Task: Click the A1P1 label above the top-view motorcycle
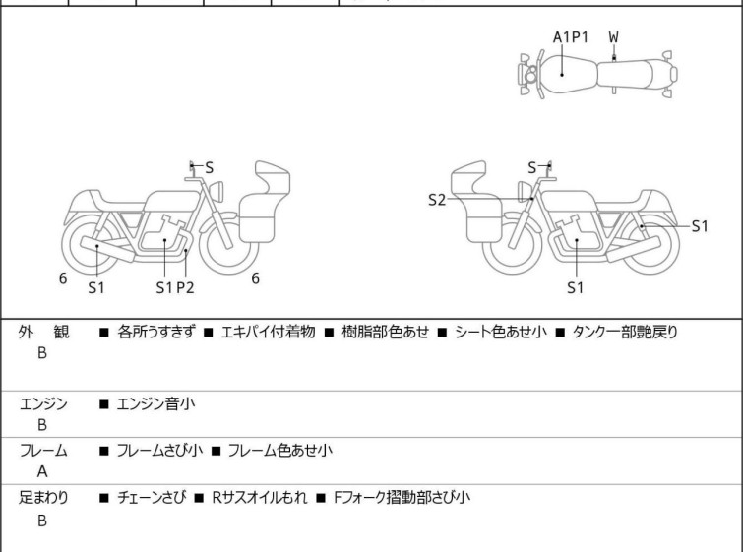pyautogui.click(x=571, y=37)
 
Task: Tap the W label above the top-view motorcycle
pyautogui.click(x=614, y=37)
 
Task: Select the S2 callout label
pyautogui.click(x=437, y=200)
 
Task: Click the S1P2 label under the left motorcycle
pyautogui.click(x=175, y=287)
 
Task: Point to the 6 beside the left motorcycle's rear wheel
pyautogui.click(x=63, y=278)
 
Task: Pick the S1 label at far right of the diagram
pyautogui.click(x=700, y=226)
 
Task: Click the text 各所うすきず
pyautogui.click(x=156, y=333)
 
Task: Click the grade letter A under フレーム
pyautogui.click(x=42, y=471)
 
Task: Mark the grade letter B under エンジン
pyautogui.click(x=42, y=425)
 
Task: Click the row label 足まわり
pyautogui.click(x=44, y=498)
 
